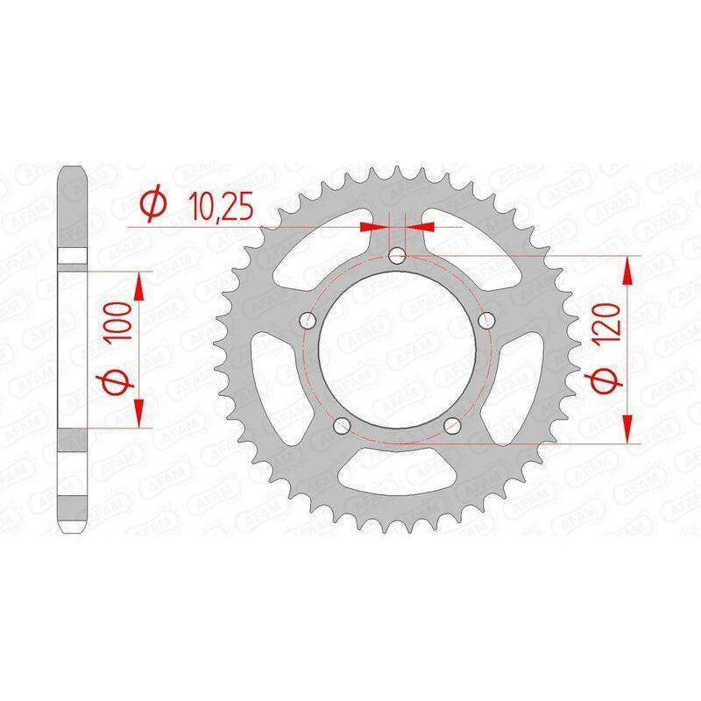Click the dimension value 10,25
coord(221,207)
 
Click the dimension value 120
coord(606,322)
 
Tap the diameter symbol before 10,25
coord(153,206)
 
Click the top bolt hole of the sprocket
coord(397,256)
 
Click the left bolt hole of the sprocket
coord(308,320)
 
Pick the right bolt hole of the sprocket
coord(487,320)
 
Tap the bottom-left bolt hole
coord(342,425)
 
